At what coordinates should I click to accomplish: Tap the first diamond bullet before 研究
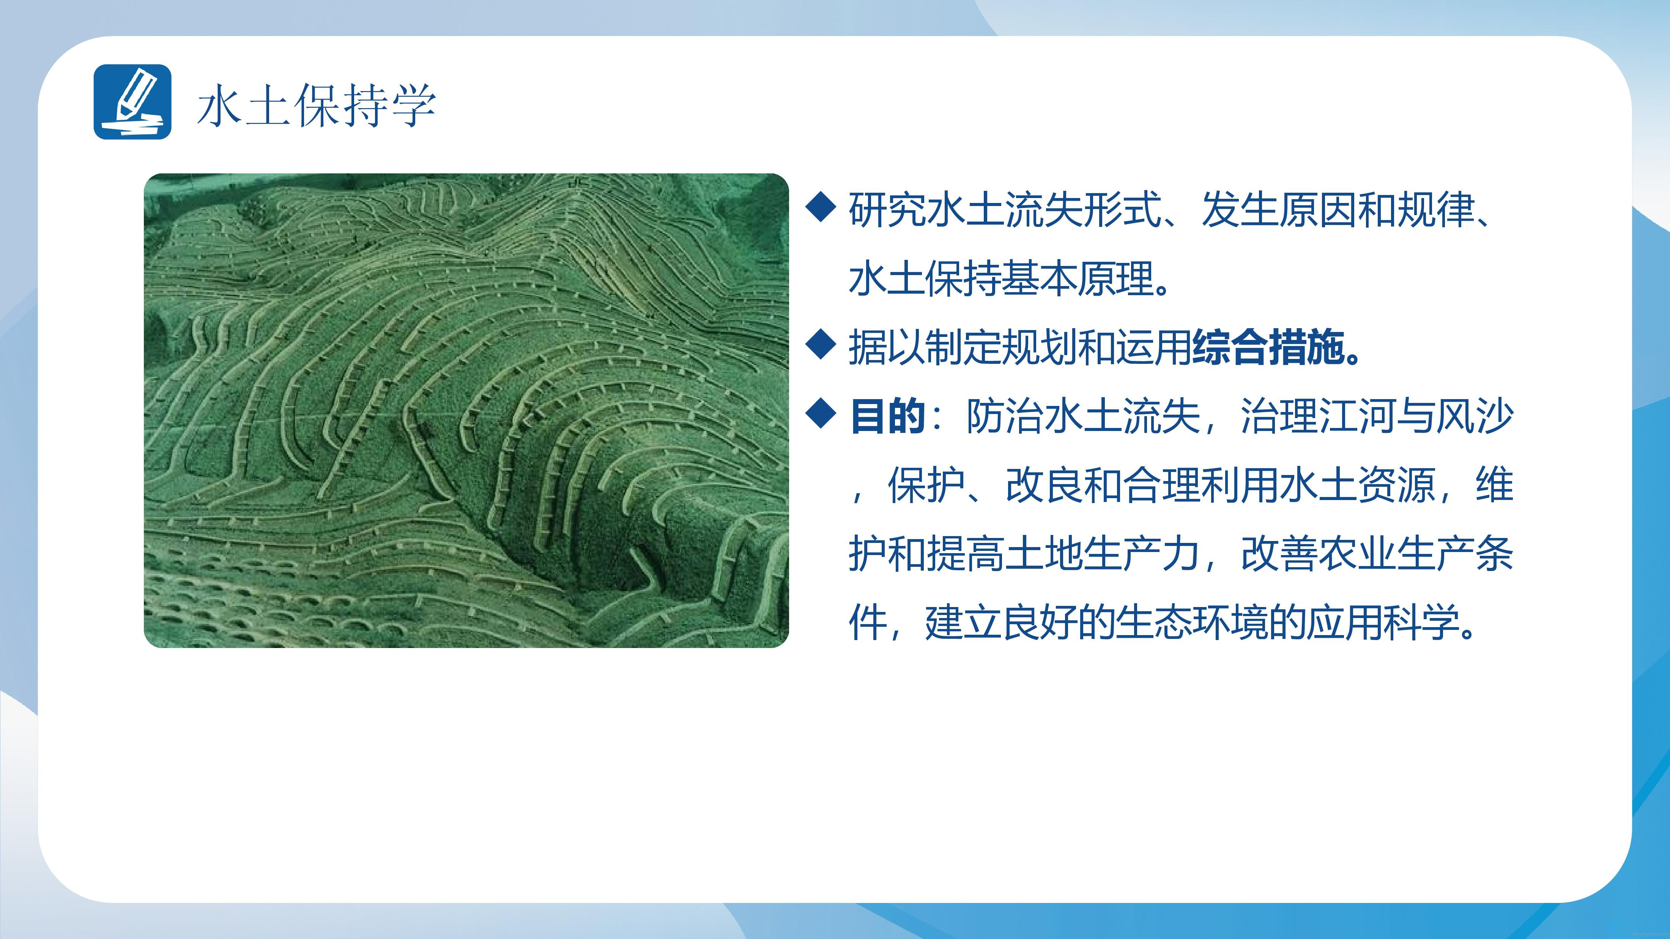[821, 209]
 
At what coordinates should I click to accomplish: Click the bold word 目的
[887, 416]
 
